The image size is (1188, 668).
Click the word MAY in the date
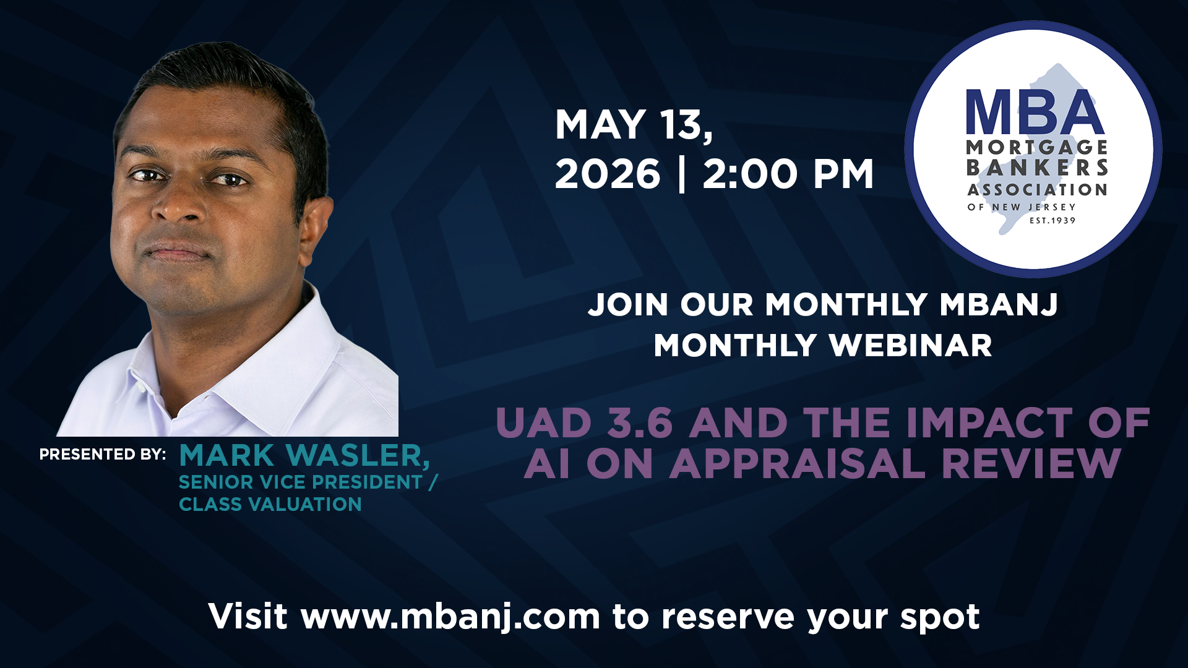click(601, 124)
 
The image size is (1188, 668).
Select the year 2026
click(608, 174)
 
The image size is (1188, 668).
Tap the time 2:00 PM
click(788, 174)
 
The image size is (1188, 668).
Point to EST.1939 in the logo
click(1052, 220)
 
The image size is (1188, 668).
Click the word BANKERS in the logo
click(1037, 168)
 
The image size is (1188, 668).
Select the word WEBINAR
click(911, 345)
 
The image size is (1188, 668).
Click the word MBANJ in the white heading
click(999, 305)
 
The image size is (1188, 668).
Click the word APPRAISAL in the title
click(798, 463)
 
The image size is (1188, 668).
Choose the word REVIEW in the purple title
click(1031, 463)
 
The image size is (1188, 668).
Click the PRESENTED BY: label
click(103, 455)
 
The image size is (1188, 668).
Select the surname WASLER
click(359, 456)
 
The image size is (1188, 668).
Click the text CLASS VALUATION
click(270, 504)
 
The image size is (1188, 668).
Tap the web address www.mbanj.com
click(451, 617)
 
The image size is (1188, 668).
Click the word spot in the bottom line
click(940, 618)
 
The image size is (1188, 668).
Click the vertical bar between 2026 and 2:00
click(682, 174)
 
